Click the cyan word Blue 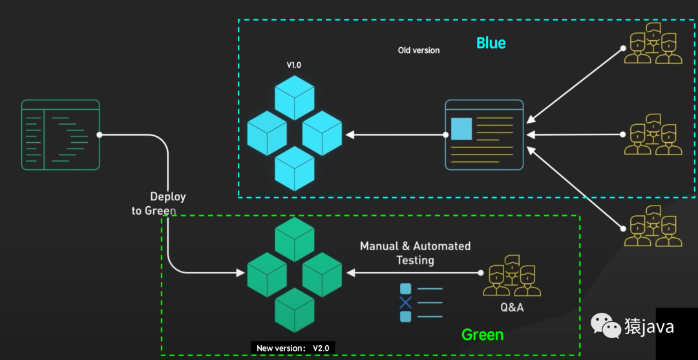[491, 43]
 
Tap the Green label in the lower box [482, 335]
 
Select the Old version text [419, 50]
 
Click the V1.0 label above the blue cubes [294, 65]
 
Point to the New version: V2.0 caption [293, 348]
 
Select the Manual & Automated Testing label [415, 253]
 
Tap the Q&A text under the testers [512, 308]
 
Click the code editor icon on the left [60, 134]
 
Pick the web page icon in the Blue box [484, 134]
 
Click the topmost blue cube [294, 97]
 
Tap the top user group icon [653, 44]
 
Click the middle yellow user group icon [653, 134]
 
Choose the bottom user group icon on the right [653, 226]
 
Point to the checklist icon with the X [421, 302]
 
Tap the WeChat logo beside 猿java [606, 327]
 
